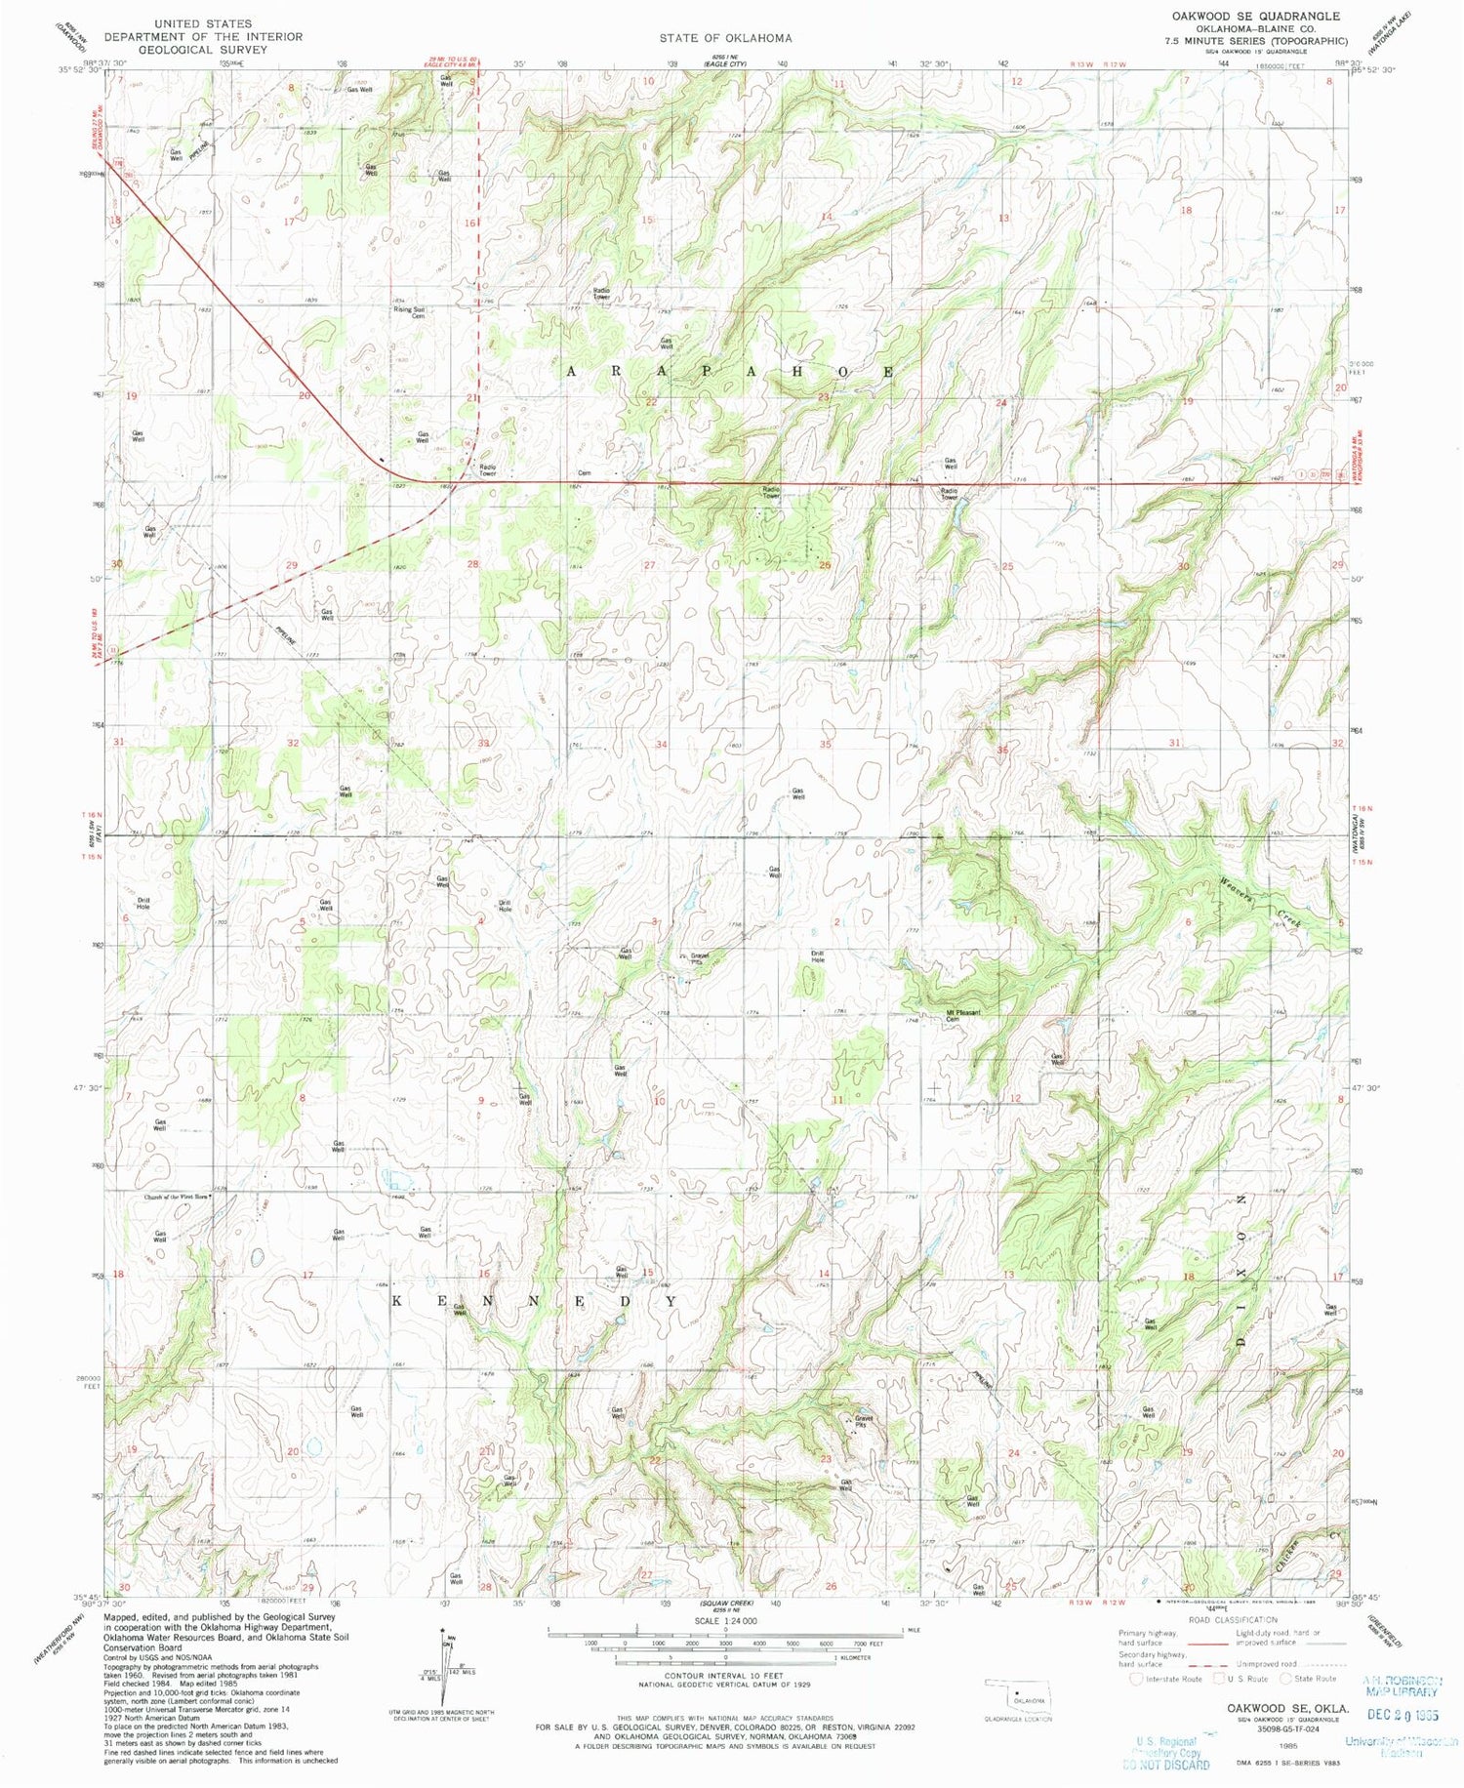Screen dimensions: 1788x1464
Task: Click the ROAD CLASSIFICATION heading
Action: [1234, 1619]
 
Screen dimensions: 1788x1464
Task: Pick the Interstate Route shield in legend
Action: [1134, 1679]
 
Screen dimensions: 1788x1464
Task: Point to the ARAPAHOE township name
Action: [728, 372]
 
